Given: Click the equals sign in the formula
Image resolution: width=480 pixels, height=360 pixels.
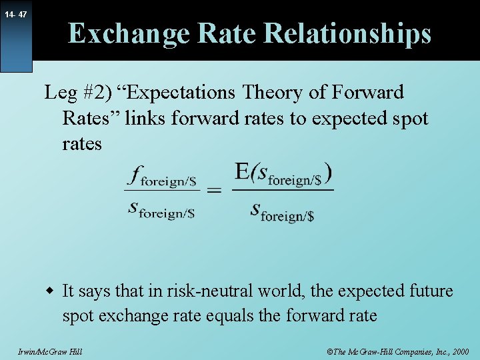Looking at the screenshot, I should click(214, 191).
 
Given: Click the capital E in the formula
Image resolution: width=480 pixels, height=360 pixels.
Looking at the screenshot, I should click(242, 171).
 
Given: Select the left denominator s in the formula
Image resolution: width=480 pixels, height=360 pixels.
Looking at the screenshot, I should click(133, 208).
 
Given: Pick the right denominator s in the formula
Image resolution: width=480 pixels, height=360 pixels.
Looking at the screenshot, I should click(255, 210).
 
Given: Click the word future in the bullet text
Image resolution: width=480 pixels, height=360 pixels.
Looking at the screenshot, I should click(429, 291).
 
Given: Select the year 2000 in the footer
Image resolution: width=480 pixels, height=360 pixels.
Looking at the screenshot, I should click(459, 351).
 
